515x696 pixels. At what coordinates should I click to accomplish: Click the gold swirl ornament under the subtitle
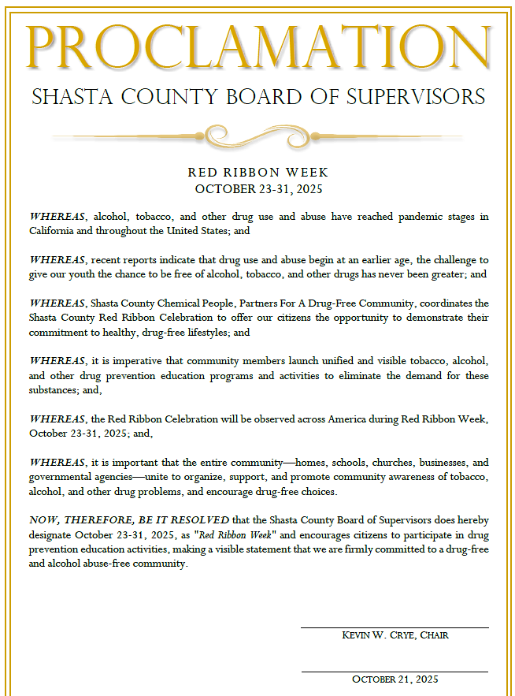coord(257,136)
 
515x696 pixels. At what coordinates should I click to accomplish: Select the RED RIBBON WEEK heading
coord(258,173)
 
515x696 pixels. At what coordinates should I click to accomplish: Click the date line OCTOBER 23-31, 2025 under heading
coord(258,189)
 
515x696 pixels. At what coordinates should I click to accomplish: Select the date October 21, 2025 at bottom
coord(395,679)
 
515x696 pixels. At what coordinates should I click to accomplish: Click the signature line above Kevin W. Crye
coord(395,627)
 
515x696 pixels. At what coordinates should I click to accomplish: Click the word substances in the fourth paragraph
coord(56,389)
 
